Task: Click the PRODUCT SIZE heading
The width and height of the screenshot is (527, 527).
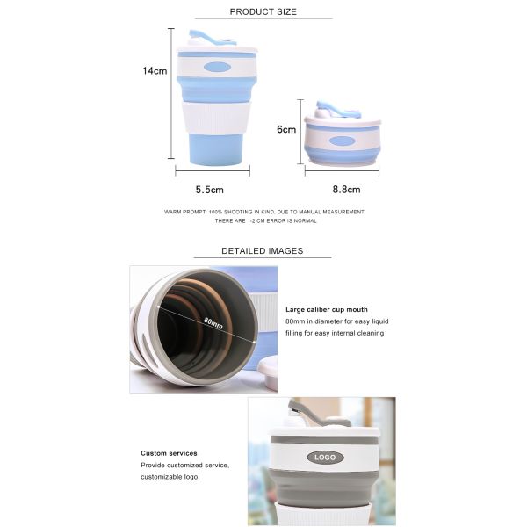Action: point(263,11)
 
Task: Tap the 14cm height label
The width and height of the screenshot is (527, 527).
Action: point(155,71)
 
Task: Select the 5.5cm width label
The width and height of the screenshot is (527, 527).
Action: point(209,189)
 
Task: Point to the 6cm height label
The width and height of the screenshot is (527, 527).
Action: point(286,129)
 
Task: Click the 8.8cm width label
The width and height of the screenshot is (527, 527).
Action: point(346,189)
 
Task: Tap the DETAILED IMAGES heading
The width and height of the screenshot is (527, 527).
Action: point(262,250)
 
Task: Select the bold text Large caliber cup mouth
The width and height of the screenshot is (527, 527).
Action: point(327,309)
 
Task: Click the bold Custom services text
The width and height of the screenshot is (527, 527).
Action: point(169,453)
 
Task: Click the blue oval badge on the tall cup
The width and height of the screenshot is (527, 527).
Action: point(216,67)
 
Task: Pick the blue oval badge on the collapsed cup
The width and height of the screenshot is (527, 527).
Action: point(342,141)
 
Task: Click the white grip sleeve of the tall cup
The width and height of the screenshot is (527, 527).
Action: point(215,118)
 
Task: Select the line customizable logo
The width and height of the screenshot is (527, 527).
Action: point(169,476)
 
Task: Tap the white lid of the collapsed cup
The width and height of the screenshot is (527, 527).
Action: point(343,121)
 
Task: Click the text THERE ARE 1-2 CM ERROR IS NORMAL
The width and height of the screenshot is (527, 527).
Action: point(265,220)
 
